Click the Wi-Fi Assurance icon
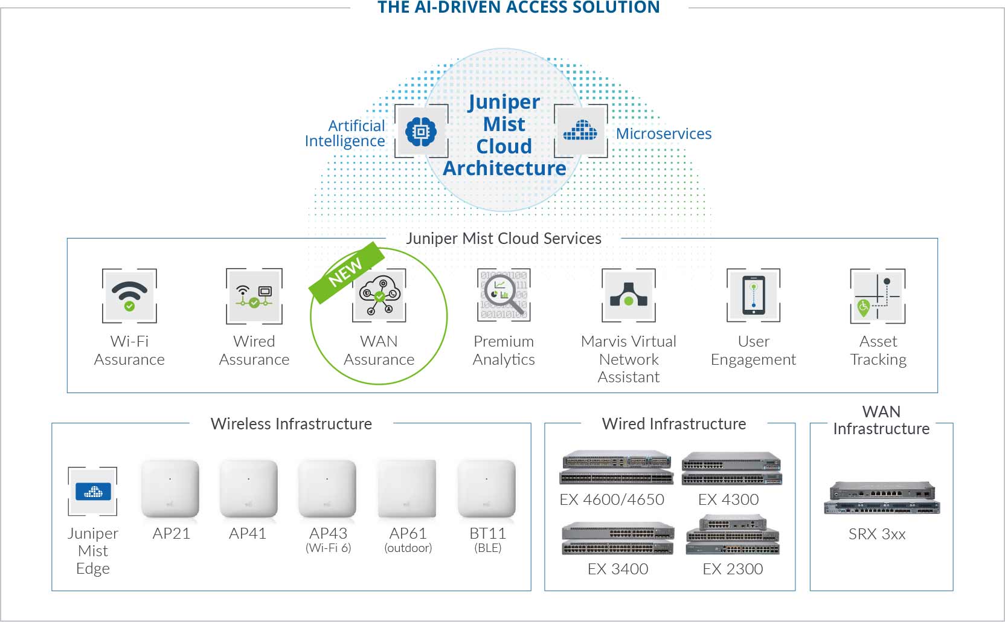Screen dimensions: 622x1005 (129, 296)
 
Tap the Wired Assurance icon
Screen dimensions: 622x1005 (254, 296)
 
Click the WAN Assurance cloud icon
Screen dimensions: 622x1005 (379, 295)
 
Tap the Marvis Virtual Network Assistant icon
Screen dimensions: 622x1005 (629, 295)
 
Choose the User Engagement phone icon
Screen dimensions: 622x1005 (754, 295)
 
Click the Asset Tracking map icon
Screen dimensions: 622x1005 (878, 296)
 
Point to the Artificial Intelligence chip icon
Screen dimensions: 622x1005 (421, 131)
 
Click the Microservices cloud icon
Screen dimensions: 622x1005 (580, 131)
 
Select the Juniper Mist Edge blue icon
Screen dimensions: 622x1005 (93, 492)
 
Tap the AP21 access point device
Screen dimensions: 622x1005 (170, 489)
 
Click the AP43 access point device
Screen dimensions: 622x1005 (327, 489)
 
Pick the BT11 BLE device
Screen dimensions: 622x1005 (487, 489)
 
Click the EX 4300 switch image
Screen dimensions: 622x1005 (732, 469)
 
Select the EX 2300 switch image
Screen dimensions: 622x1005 (733, 535)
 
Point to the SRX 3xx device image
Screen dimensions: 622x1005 (882, 498)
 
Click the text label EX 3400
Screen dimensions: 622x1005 (618, 569)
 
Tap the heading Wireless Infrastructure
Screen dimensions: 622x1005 (291, 424)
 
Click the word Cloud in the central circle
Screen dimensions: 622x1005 (504, 146)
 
